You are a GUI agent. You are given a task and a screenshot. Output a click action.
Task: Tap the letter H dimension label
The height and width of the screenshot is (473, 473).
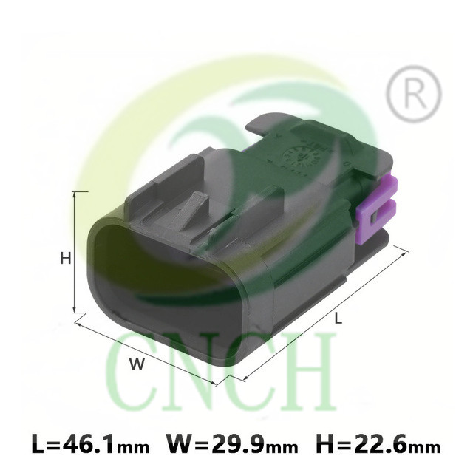tap(66, 259)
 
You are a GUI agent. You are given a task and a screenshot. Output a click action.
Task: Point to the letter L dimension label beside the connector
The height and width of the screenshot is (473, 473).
tap(338, 318)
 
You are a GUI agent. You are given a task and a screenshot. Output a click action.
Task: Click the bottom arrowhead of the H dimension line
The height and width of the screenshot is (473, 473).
tap(75, 310)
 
